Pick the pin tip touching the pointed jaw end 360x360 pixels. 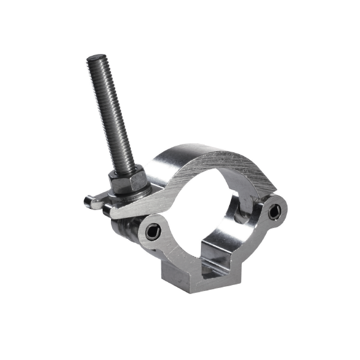point(108,211)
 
